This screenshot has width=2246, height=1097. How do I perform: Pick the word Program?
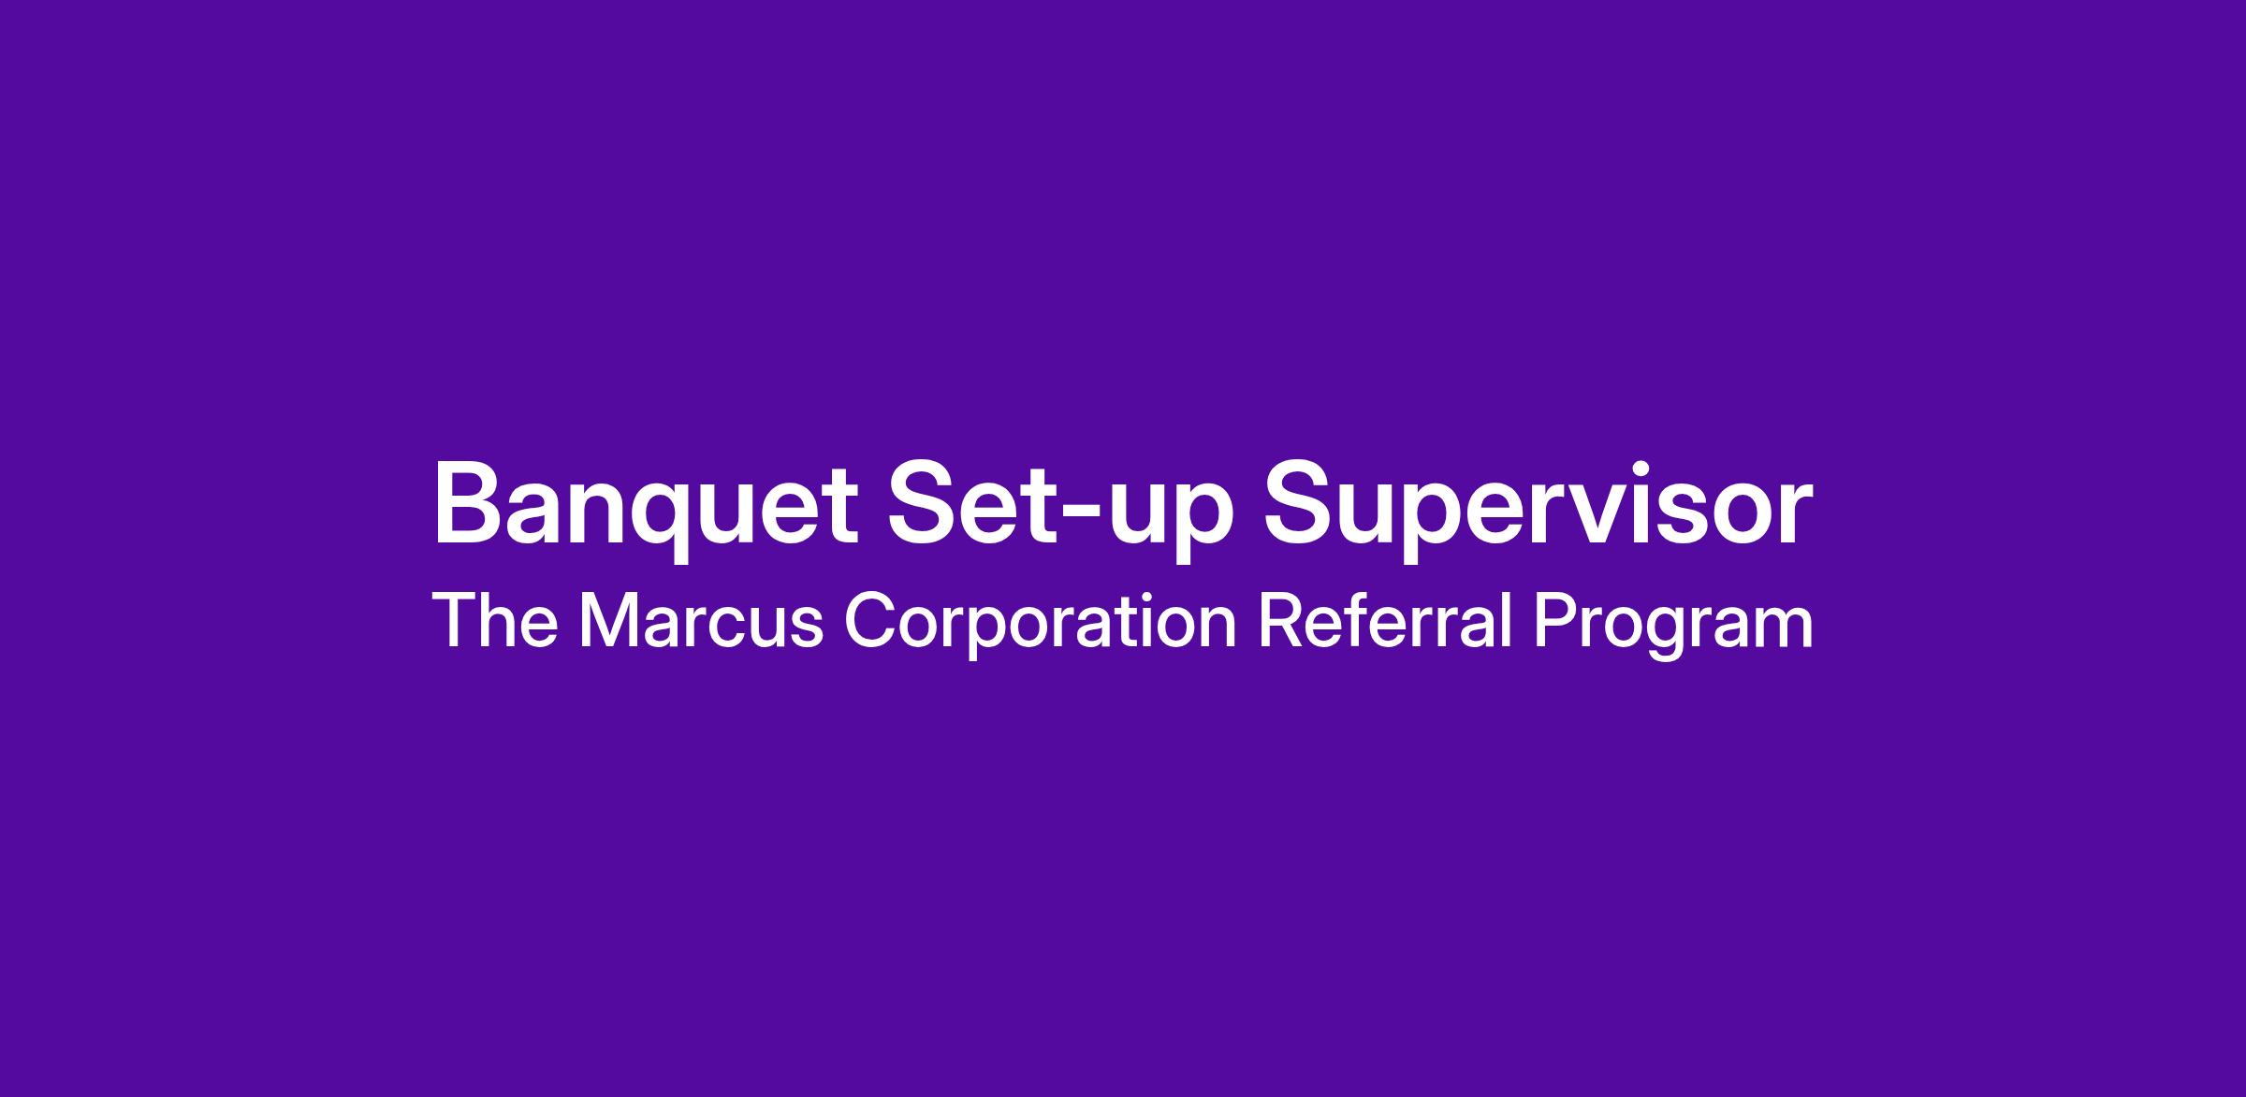(x=1673, y=624)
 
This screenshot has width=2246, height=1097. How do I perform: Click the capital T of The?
(x=456, y=620)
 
